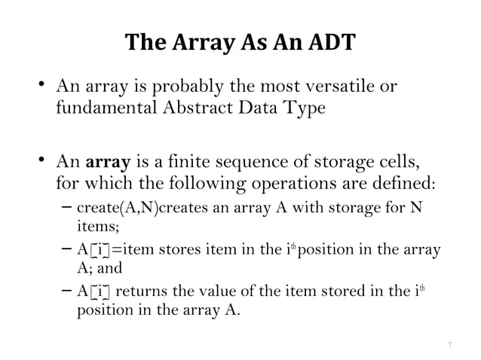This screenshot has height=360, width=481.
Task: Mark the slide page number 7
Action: [449, 343]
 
